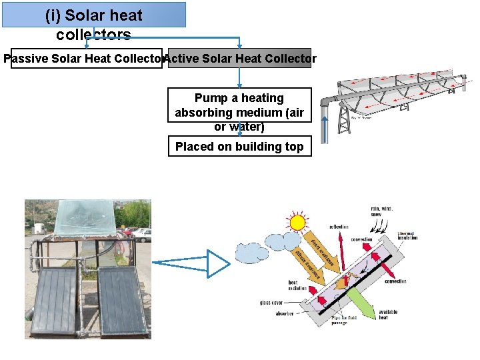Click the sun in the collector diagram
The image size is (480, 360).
point(297,222)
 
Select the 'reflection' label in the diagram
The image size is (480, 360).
point(339,227)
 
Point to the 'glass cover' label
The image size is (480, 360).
point(273,303)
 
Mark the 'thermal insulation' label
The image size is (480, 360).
point(407,235)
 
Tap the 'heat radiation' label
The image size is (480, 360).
point(297,285)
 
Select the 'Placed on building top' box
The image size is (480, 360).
point(239,147)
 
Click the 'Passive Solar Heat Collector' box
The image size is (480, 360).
point(85,59)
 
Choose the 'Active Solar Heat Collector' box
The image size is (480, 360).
point(240,59)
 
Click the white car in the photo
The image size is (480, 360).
point(142,234)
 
